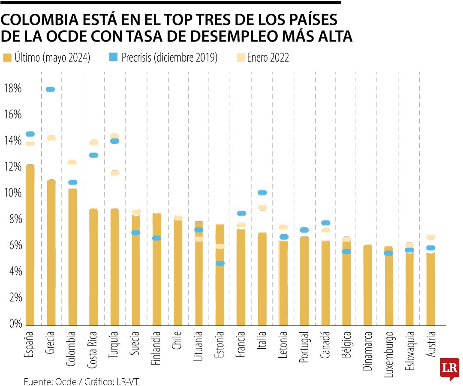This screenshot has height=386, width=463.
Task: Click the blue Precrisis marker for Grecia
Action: click(51, 89)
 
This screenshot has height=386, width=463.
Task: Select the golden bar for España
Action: click(30, 244)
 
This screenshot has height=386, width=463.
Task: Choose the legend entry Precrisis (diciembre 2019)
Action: click(169, 58)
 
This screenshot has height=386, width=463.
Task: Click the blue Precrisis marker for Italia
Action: click(262, 193)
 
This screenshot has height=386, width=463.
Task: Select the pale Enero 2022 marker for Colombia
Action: click(72, 162)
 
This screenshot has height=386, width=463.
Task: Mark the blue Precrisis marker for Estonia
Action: click(220, 263)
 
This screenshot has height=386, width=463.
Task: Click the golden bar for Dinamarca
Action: click(368, 285)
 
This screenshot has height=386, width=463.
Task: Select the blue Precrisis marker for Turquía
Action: click(114, 141)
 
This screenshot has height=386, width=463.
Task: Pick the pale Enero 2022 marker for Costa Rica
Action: click(93, 142)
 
